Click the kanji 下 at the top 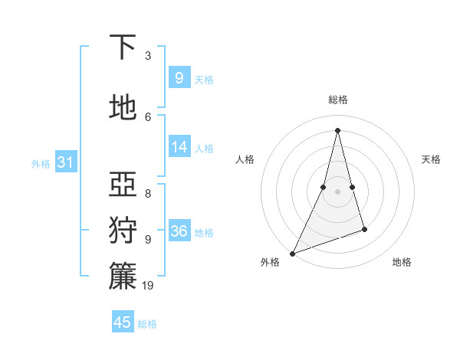pos(123,47)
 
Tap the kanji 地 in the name pos(123,108)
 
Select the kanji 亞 pos(123,183)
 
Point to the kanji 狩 pos(123,230)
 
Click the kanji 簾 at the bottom pos(123,276)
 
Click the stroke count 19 pos(149,286)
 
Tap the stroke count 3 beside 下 pos(148,56)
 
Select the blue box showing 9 pos(179,78)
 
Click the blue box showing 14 pos(179,147)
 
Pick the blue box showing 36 pos(179,231)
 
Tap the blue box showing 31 pos(65,162)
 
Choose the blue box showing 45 pos(123,322)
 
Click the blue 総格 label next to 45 pos(147,324)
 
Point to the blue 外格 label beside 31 pos(41,164)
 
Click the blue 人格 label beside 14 pos(204,149)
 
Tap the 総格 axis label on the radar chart pos(337,100)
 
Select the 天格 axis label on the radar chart pos(432,159)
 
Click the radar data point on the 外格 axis pos(292,253)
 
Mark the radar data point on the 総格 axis pos(337,130)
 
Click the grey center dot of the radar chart pos(337,191)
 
